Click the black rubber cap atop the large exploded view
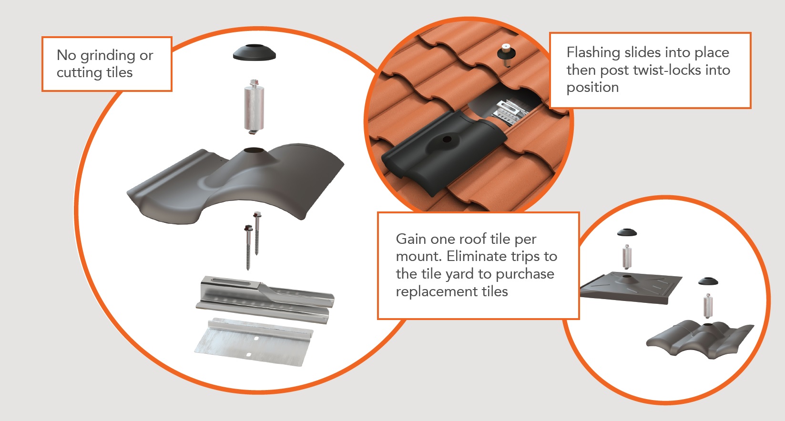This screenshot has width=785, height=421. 254,52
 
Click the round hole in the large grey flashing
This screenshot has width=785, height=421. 254,150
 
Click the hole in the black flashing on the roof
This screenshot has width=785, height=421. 447,140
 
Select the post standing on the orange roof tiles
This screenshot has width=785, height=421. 504,54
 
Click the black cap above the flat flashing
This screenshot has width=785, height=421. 627,233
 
